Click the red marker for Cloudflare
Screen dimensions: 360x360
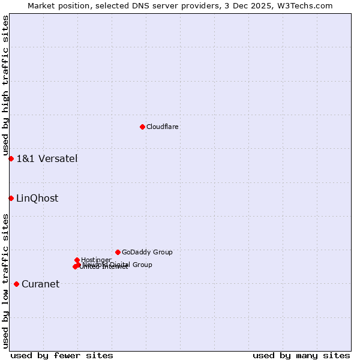(142, 127)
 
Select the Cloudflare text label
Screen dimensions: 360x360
(163, 127)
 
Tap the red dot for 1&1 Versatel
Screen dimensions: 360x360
(11, 158)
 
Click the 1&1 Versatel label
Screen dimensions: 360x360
(47, 159)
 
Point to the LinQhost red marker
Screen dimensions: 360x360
(11, 198)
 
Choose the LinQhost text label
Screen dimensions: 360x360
(37, 199)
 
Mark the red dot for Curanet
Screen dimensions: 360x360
(16, 284)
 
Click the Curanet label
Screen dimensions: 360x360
(41, 284)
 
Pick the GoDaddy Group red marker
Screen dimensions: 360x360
(118, 252)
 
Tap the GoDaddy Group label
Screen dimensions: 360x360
(147, 253)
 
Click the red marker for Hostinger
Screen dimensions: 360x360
(77, 260)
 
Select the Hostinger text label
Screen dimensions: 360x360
(96, 260)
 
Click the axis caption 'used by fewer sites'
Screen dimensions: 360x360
(62, 355)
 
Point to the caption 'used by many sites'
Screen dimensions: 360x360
(301, 355)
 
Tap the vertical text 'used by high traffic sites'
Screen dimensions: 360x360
(5, 86)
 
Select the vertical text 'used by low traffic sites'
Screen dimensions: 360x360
(5, 280)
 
